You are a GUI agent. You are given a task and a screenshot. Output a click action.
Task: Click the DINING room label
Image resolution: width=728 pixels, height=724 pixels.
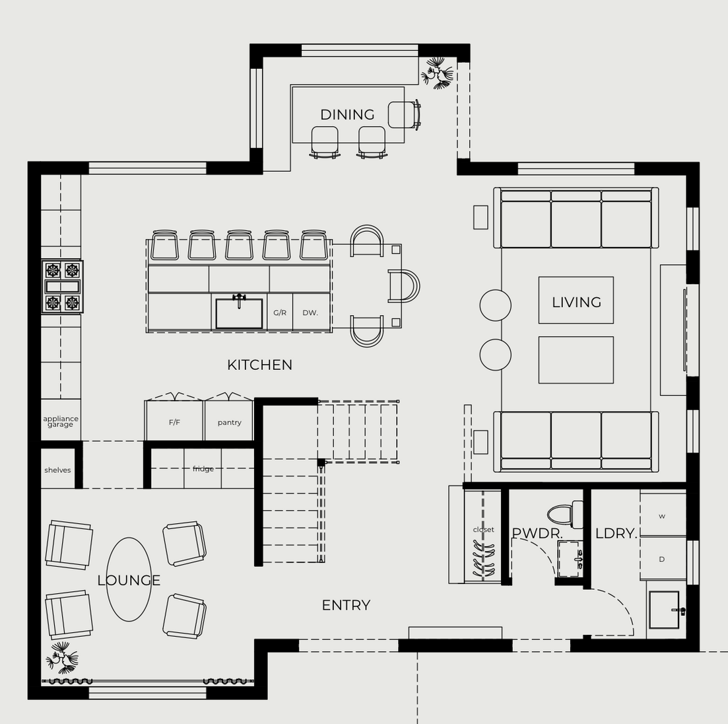[347, 114]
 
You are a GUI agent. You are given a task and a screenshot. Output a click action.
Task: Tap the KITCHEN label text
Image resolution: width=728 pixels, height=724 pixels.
[259, 365]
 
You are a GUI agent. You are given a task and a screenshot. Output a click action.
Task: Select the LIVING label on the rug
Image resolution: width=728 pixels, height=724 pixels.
[576, 302]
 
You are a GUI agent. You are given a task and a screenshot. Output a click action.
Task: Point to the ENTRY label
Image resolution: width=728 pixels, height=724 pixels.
[346, 605]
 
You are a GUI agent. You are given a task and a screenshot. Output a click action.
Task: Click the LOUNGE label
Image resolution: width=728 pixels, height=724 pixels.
[129, 580]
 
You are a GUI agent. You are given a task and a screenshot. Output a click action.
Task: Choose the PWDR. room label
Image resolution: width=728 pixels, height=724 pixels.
[537, 534]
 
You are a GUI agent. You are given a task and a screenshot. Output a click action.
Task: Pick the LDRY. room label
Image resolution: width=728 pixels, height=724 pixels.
[616, 534]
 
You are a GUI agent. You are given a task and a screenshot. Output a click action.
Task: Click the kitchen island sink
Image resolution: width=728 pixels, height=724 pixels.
[239, 312]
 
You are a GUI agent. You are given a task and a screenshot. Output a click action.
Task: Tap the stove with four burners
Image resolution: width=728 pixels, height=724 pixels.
[62, 286]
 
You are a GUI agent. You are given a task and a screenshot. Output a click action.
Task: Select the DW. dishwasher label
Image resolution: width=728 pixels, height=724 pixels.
[310, 312]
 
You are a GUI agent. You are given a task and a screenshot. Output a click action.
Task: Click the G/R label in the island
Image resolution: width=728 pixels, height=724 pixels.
[279, 312]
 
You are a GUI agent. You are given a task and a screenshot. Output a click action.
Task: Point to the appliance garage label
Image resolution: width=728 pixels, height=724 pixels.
[61, 421]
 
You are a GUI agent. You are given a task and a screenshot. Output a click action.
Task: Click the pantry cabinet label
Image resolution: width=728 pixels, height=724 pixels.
[230, 422]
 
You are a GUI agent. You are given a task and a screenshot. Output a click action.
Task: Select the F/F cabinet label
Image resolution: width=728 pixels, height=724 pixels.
[174, 422]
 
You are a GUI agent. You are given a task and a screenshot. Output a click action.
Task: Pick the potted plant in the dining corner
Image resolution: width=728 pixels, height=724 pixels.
[437, 73]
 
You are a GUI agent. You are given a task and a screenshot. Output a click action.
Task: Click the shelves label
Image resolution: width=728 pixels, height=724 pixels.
[57, 470]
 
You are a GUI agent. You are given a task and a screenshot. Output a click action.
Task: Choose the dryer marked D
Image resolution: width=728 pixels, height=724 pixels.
[663, 559]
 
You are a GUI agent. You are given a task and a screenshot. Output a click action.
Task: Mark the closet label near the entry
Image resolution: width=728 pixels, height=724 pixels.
[483, 530]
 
